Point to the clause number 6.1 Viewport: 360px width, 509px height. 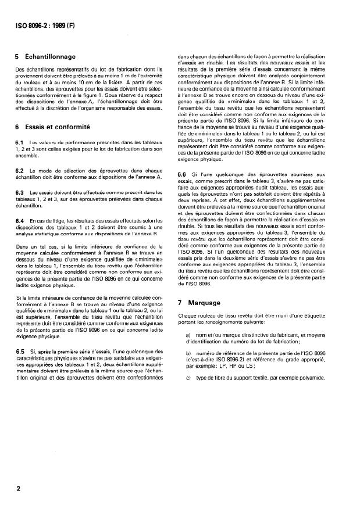click(x=20, y=143)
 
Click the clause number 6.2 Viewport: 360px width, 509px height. click(x=20, y=170)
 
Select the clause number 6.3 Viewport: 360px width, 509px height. click(x=20, y=191)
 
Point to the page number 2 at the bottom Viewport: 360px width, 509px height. click(x=19, y=489)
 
